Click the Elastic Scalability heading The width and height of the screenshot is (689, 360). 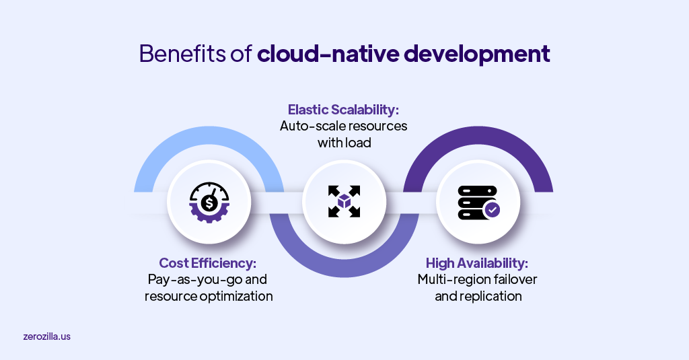click(344, 109)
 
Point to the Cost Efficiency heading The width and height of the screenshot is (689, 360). click(208, 262)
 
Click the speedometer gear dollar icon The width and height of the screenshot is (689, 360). click(209, 201)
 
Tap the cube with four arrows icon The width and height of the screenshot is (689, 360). click(344, 201)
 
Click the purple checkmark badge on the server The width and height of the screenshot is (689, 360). click(493, 210)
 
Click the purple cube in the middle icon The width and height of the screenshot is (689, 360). click(344, 201)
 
